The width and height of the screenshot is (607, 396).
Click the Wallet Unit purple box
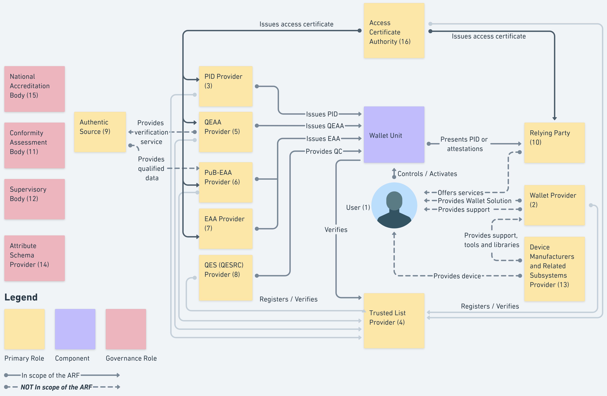[x=394, y=135]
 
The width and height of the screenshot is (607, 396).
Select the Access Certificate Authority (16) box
[x=394, y=31]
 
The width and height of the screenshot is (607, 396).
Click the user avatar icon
[x=394, y=205]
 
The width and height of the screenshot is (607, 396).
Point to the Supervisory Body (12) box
[x=34, y=199]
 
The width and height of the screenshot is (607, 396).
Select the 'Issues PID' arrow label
[x=322, y=114]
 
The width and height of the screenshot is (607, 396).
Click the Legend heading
[x=21, y=297]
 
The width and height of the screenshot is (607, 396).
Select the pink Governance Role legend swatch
[x=126, y=329]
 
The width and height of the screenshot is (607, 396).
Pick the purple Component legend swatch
[x=75, y=329]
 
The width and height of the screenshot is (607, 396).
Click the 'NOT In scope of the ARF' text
[x=56, y=387]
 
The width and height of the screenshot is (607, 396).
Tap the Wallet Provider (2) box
[x=554, y=205]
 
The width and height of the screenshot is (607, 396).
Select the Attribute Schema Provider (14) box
[x=34, y=258]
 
